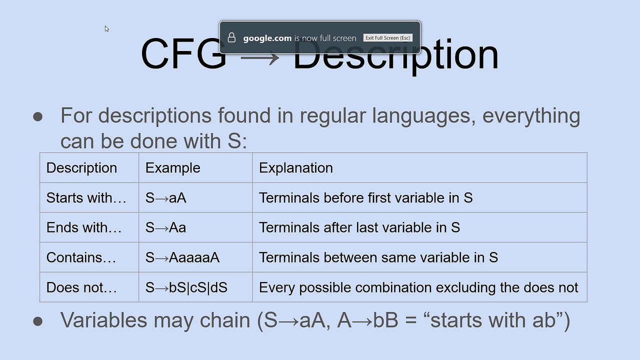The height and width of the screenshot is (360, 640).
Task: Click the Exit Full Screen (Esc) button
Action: [x=387, y=37]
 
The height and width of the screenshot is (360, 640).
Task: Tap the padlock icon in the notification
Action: [x=231, y=37]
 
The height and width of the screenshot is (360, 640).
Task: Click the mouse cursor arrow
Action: [x=107, y=29]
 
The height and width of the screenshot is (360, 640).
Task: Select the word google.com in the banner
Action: [x=267, y=38]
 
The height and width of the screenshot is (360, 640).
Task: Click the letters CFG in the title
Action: [x=183, y=53]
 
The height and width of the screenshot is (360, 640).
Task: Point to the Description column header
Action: [x=81, y=167]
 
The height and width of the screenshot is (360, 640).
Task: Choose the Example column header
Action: [x=173, y=167]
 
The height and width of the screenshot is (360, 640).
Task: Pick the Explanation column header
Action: [x=296, y=167]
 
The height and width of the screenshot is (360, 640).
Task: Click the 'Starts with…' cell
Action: [x=86, y=197]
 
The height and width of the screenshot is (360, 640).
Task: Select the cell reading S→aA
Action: [x=165, y=197]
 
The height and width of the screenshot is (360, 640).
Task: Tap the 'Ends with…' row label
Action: [x=84, y=227]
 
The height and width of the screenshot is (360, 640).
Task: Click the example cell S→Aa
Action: [x=165, y=227]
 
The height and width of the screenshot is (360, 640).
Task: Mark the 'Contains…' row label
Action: [x=81, y=257]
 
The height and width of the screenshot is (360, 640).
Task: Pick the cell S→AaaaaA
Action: [x=182, y=257]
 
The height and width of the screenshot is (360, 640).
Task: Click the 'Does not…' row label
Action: [x=81, y=287]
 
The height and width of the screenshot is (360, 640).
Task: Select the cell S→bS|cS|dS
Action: [x=186, y=287]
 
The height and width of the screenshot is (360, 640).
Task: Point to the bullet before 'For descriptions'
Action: [x=37, y=117]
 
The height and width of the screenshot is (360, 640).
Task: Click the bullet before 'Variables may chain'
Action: [x=37, y=321]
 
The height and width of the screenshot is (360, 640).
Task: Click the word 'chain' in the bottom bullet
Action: [x=225, y=320]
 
